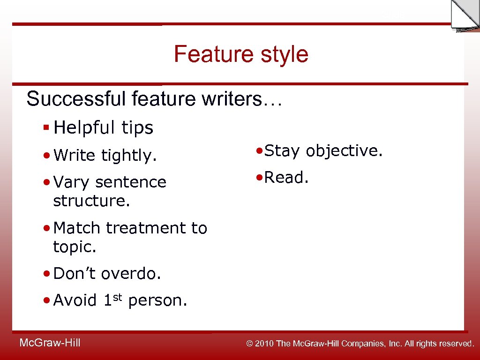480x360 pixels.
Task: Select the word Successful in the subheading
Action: pos(76,99)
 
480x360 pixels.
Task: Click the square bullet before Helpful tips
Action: pos(46,127)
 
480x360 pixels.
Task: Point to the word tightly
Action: pos(129,156)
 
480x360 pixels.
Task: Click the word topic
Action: pos(75,247)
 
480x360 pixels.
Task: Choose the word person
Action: pos(157,300)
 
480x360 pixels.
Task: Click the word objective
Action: pos(344,150)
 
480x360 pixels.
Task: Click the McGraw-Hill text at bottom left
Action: pos(50,343)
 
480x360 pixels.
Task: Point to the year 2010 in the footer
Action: pos(265,344)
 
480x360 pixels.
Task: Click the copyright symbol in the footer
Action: pos(250,344)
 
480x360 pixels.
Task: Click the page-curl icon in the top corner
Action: pos(464,15)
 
